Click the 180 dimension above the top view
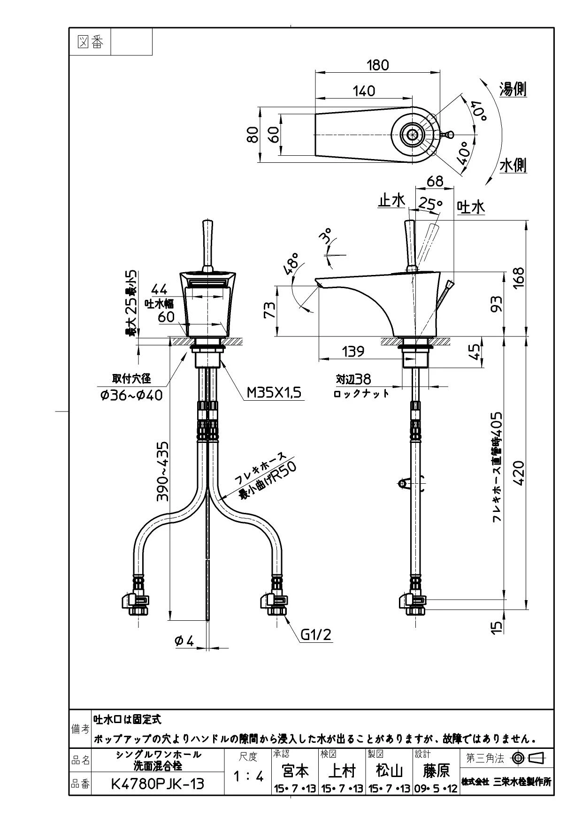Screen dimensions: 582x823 pyautogui.click(x=377, y=65)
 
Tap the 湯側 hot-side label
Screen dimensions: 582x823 pyautogui.click(x=513, y=89)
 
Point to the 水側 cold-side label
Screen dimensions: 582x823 pyautogui.click(x=513, y=165)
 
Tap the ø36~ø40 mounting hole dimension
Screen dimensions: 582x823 pyautogui.click(x=131, y=395)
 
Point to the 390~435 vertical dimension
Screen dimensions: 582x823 pyautogui.click(x=162, y=471)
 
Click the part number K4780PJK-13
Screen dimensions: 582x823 pyautogui.click(x=158, y=784)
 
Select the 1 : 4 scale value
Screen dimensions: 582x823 pyautogui.click(x=249, y=777)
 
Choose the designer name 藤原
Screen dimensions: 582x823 pyautogui.click(x=436, y=770)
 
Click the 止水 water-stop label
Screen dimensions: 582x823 pyautogui.click(x=391, y=201)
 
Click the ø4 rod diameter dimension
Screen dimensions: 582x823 pyautogui.click(x=184, y=641)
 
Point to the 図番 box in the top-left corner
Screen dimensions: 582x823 pyautogui.click(x=90, y=42)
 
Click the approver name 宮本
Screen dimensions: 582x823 pyautogui.click(x=295, y=770)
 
